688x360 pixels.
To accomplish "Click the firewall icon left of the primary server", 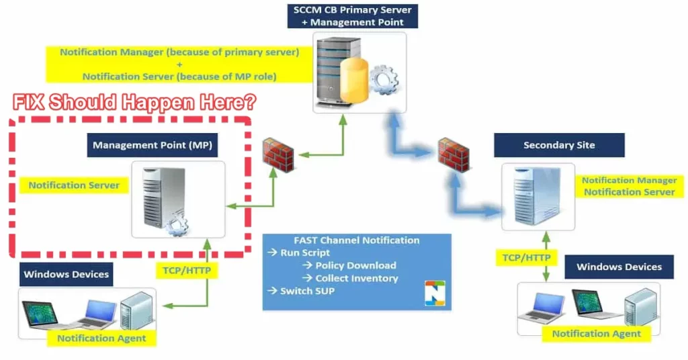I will pos(277,155).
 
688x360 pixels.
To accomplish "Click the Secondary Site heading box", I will pos(559,145).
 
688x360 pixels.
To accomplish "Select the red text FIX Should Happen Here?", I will pos(135,103).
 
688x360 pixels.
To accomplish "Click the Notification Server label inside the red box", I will pos(74,185).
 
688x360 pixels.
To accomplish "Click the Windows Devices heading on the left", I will pos(66,274).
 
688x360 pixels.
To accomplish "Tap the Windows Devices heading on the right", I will pos(619,267).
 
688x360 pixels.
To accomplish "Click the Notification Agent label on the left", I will pos(101,338).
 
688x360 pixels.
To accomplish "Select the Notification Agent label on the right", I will pos(596,333).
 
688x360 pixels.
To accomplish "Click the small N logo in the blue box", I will pos(435,294).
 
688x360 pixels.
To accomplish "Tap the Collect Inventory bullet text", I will pos(356,278).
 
